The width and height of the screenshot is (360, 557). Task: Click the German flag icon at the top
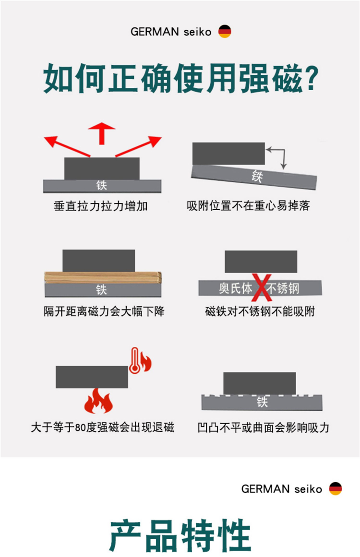point(225,32)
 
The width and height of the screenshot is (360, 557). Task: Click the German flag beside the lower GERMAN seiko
point(336,489)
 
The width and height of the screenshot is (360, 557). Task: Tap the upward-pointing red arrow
point(102,133)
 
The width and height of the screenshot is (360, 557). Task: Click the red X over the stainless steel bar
point(262,287)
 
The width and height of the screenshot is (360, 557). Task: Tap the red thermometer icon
point(134,360)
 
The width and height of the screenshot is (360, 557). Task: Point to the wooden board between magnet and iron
point(103,278)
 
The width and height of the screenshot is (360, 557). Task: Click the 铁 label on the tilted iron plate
point(257,176)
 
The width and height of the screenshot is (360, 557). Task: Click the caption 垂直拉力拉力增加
point(101,206)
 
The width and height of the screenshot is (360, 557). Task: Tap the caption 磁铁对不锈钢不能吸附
point(260,311)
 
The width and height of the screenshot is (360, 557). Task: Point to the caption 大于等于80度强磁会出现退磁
point(103,427)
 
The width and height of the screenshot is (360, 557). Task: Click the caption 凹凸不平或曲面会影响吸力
point(264,427)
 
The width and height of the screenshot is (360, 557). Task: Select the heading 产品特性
point(180,536)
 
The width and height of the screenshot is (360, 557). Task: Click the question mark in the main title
point(312,78)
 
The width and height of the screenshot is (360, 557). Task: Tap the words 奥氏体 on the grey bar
point(235,288)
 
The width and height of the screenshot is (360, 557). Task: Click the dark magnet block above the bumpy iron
point(259,383)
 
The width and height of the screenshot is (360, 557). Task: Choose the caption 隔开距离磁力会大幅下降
point(104,311)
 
